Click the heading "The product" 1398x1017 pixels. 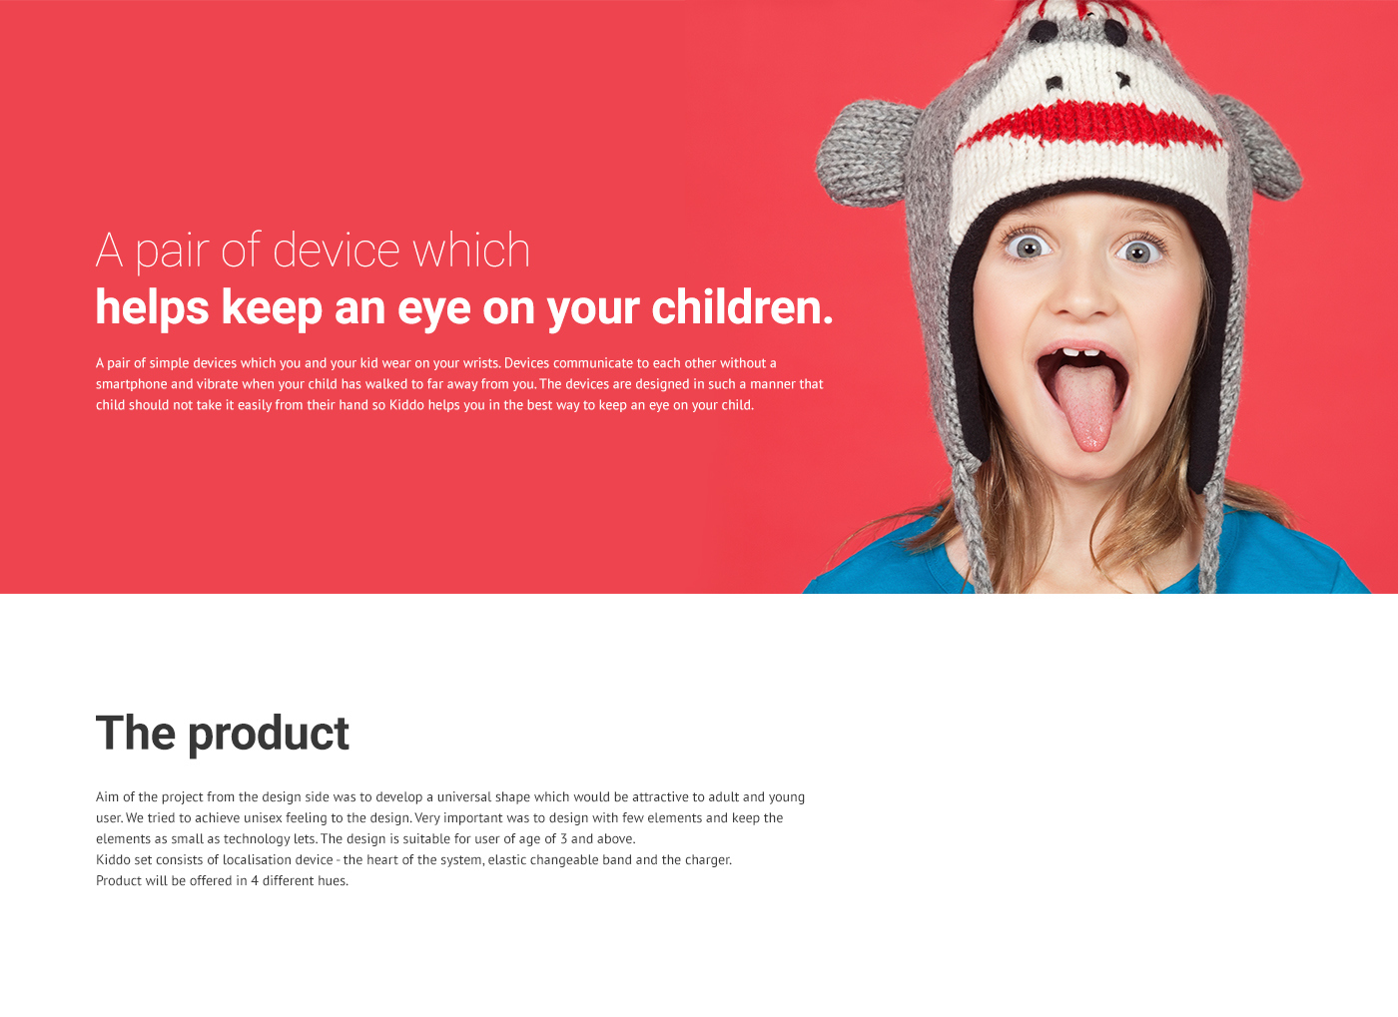(222, 734)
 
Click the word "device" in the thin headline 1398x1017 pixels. (337, 250)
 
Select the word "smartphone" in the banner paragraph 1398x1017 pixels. (131, 384)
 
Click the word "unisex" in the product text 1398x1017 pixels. (263, 818)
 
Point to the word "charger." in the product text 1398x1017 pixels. (708, 860)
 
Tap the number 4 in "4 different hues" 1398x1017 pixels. (255, 881)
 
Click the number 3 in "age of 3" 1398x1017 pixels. (563, 839)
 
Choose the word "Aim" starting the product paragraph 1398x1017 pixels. (107, 797)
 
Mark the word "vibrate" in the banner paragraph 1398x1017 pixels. (217, 384)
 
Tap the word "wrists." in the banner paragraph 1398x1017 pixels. (481, 363)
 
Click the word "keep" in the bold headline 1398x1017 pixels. (272, 308)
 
